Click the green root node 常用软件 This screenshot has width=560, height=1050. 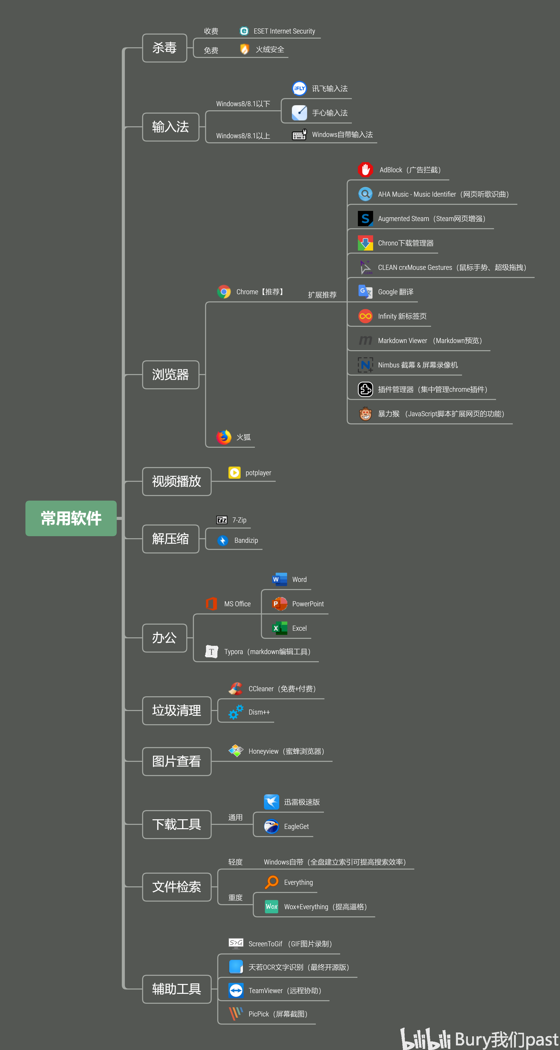71,518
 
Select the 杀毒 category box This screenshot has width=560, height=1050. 164,48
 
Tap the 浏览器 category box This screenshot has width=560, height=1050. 170,375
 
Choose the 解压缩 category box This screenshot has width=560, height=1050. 170,539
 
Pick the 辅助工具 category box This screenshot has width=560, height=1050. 176,989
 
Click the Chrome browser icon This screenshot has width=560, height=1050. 224,291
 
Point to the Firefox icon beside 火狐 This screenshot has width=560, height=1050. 224,437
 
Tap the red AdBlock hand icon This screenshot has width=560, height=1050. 365,169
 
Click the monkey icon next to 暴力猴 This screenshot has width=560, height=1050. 365,414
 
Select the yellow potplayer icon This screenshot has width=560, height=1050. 234,472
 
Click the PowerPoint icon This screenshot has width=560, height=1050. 279,604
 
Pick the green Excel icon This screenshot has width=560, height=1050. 279,628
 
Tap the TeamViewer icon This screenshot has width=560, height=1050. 236,991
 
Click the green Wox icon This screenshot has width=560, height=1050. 271,906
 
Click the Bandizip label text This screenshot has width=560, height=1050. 246,541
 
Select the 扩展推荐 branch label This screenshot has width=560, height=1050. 322,295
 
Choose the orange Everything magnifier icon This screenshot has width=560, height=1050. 272,882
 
